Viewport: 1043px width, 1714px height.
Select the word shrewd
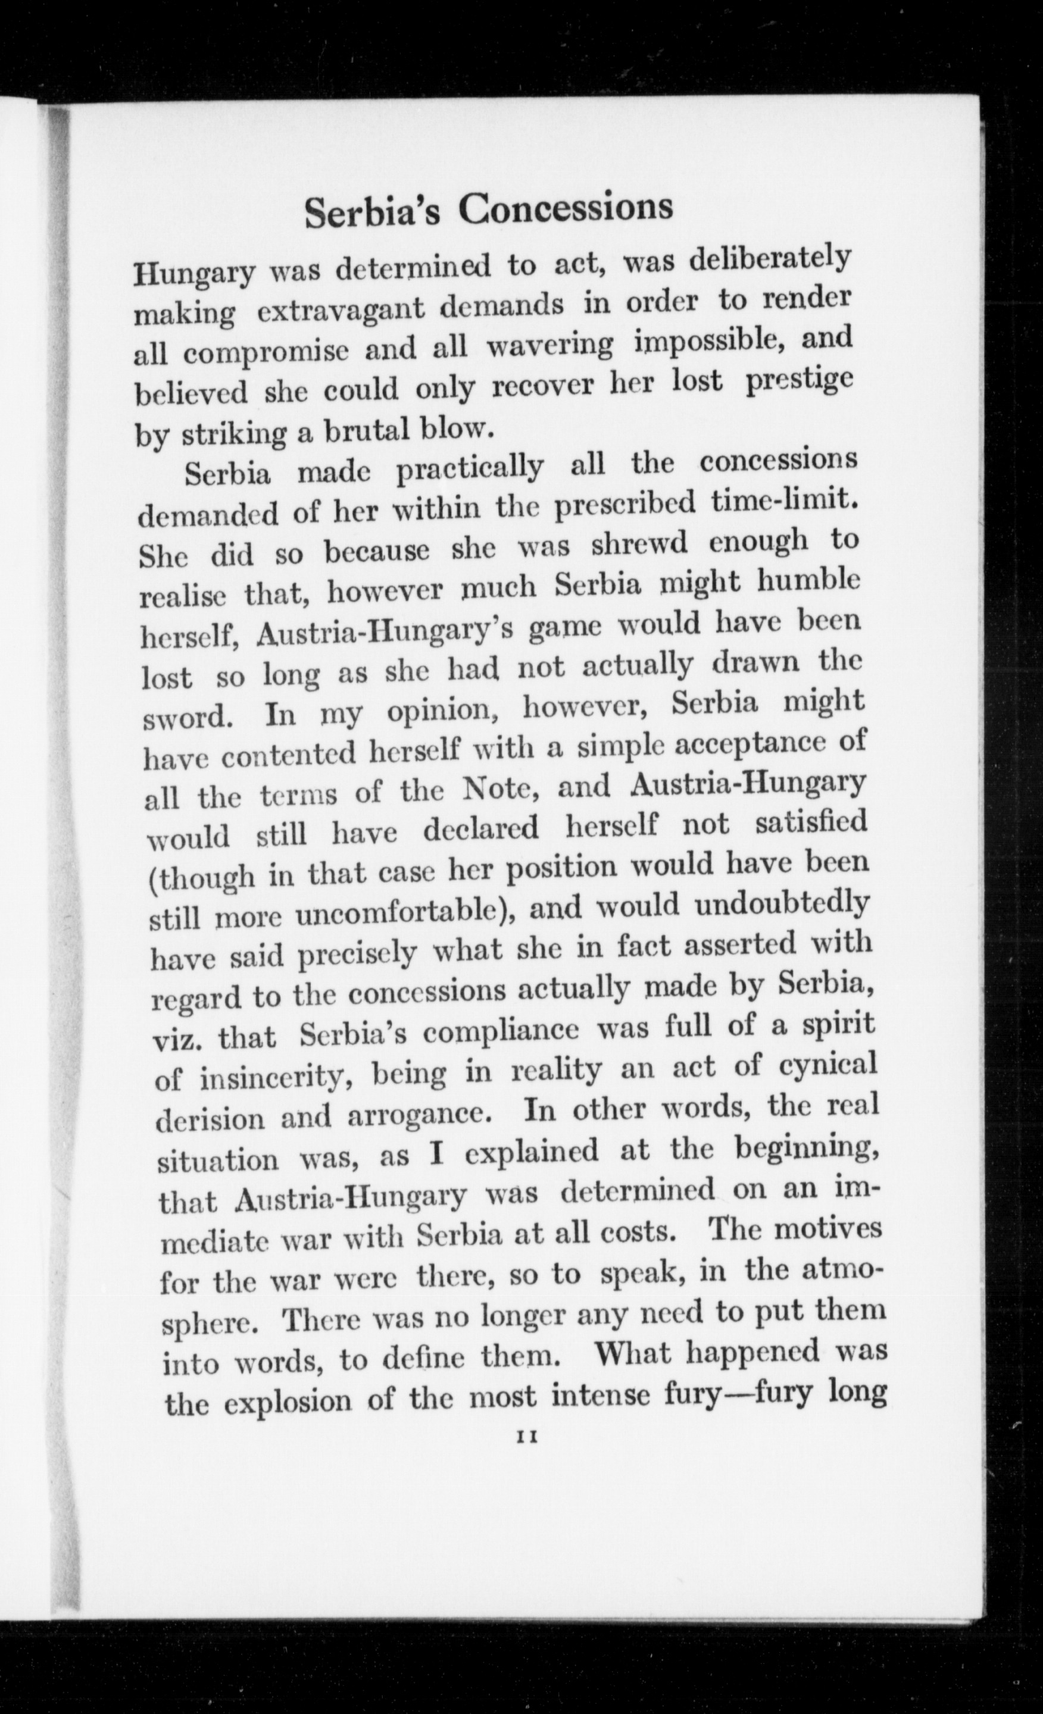pyautogui.click(x=639, y=544)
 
